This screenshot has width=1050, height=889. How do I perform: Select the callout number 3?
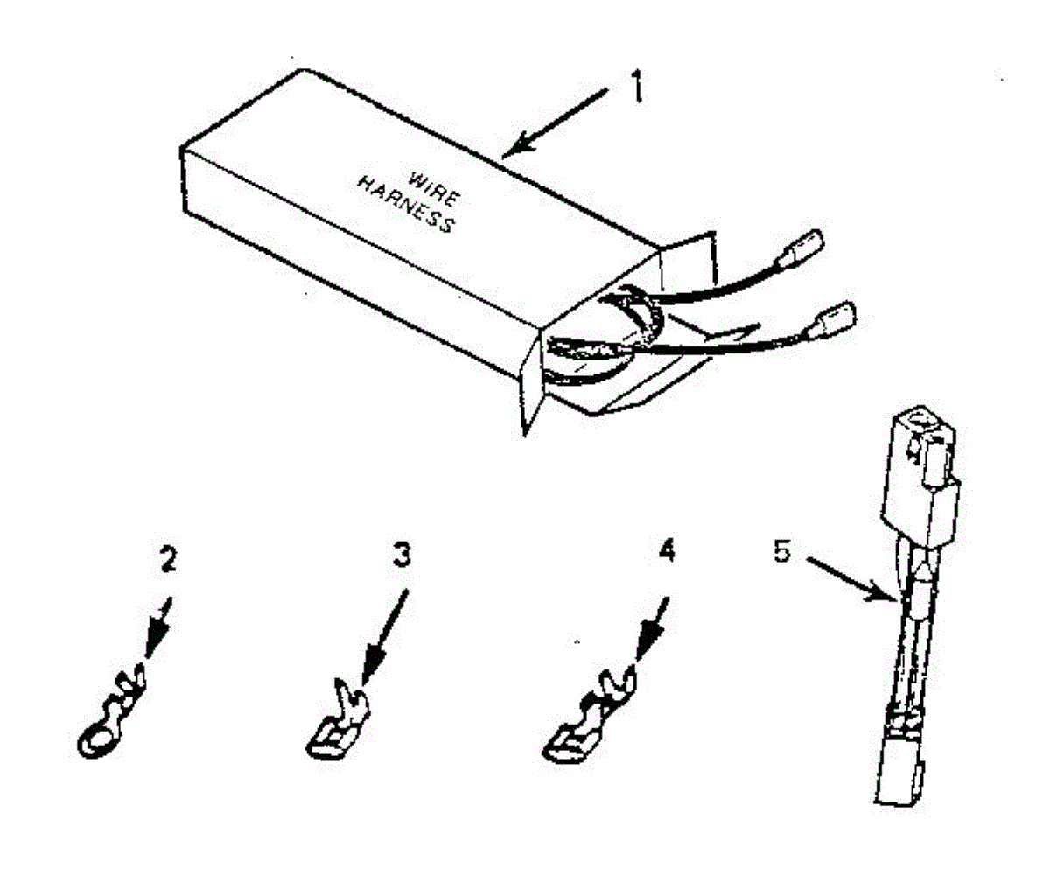pos(400,557)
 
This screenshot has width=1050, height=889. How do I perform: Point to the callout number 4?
pos(667,552)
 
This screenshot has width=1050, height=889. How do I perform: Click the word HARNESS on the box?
pos(407,205)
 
